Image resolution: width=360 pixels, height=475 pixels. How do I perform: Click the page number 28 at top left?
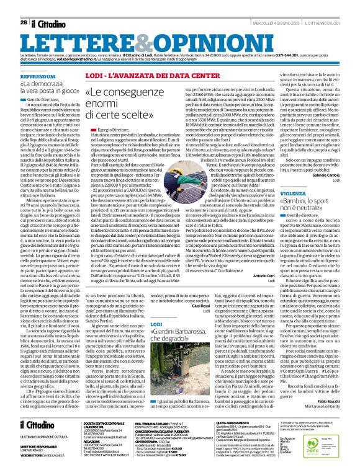pos(23,22)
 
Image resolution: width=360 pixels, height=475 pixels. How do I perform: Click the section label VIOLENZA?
pos(279,193)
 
